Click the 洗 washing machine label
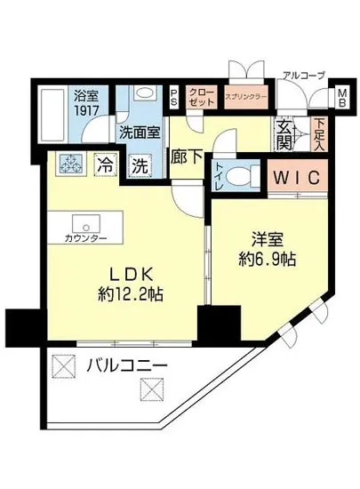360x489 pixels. (140, 164)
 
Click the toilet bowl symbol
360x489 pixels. (236, 174)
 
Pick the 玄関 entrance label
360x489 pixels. (284, 132)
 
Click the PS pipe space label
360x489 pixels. (173, 96)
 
